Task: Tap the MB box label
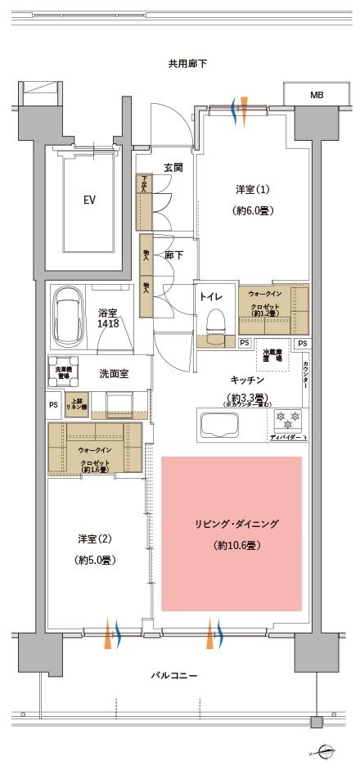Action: tap(316, 96)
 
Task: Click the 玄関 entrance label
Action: tap(173, 167)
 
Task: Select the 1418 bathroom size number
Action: tap(109, 325)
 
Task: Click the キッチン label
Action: tap(246, 381)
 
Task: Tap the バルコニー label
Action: tap(174, 675)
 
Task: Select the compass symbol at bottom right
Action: tap(326, 750)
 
